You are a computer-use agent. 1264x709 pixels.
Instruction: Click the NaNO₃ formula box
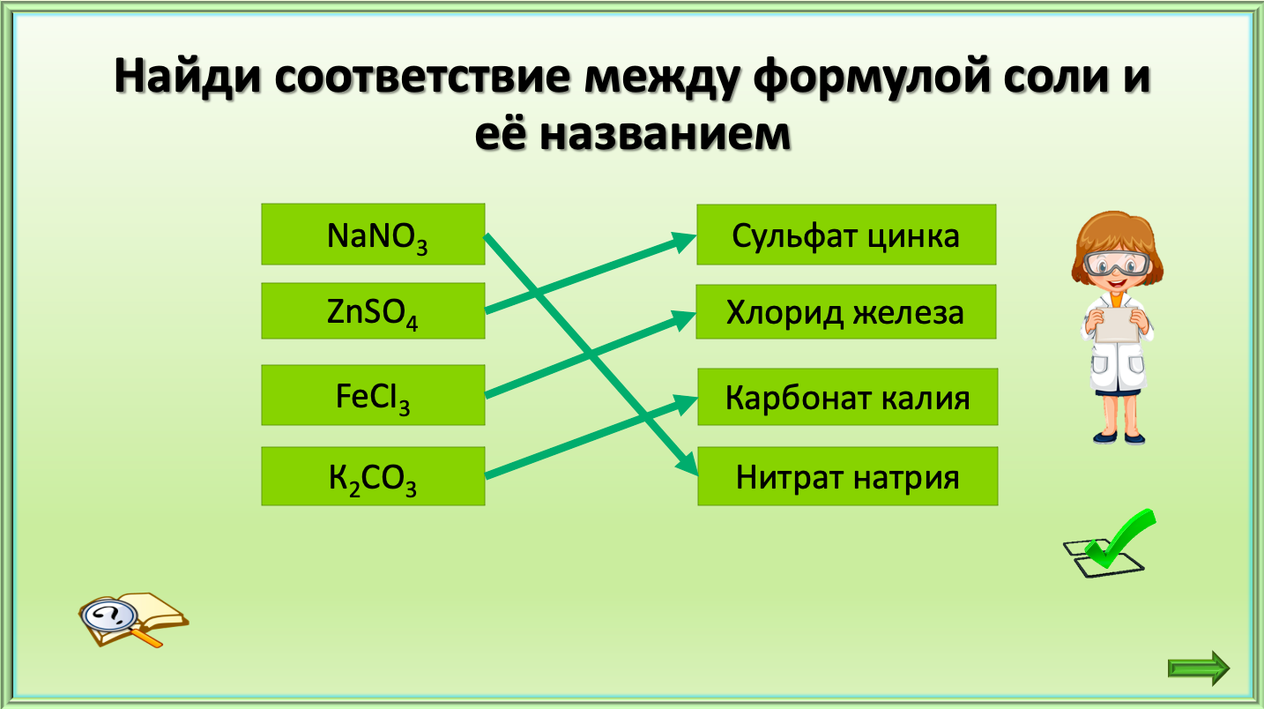(373, 235)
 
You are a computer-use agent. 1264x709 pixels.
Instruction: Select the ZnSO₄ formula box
(373, 311)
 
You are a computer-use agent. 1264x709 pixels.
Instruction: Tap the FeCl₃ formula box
(373, 395)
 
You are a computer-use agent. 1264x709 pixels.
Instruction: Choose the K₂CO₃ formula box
(373, 476)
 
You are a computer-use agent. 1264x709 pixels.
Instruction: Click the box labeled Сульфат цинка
(846, 235)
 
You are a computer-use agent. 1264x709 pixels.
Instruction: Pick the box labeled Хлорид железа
(846, 311)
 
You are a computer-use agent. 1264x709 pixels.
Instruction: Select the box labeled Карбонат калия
(848, 397)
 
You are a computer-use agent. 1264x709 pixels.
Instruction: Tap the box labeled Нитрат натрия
(848, 476)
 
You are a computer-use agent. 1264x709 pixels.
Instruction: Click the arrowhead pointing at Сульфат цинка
(684, 241)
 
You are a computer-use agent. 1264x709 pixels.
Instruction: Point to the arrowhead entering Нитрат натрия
(688, 464)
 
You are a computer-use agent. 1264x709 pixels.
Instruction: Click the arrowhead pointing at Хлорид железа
(684, 319)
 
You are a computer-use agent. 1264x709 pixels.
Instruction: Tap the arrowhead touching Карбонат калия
(686, 404)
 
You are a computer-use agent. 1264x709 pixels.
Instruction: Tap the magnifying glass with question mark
(110, 617)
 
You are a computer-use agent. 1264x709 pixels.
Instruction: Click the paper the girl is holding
(1117, 325)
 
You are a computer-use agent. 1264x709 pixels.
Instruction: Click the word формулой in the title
(872, 78)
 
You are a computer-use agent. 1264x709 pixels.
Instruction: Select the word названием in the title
(665, 136)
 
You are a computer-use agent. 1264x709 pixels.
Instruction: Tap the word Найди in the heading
(188, 76)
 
